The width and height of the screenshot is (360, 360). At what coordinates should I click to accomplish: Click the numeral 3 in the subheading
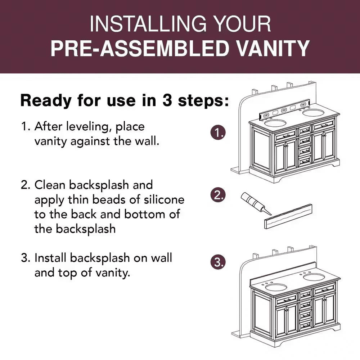(167, 100)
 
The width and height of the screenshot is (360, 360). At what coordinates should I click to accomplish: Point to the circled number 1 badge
(218, 133)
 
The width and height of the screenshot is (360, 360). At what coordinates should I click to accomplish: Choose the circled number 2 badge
(218, 195)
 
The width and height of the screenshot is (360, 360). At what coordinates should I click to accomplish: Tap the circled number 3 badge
(218, 262)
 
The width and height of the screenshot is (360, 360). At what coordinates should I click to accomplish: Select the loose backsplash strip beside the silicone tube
(288, 216)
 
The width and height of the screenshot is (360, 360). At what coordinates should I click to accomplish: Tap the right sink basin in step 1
(313, 113)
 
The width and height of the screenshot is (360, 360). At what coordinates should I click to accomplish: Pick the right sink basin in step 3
(314, 277)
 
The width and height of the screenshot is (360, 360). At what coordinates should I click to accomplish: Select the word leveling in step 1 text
(87, 127)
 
